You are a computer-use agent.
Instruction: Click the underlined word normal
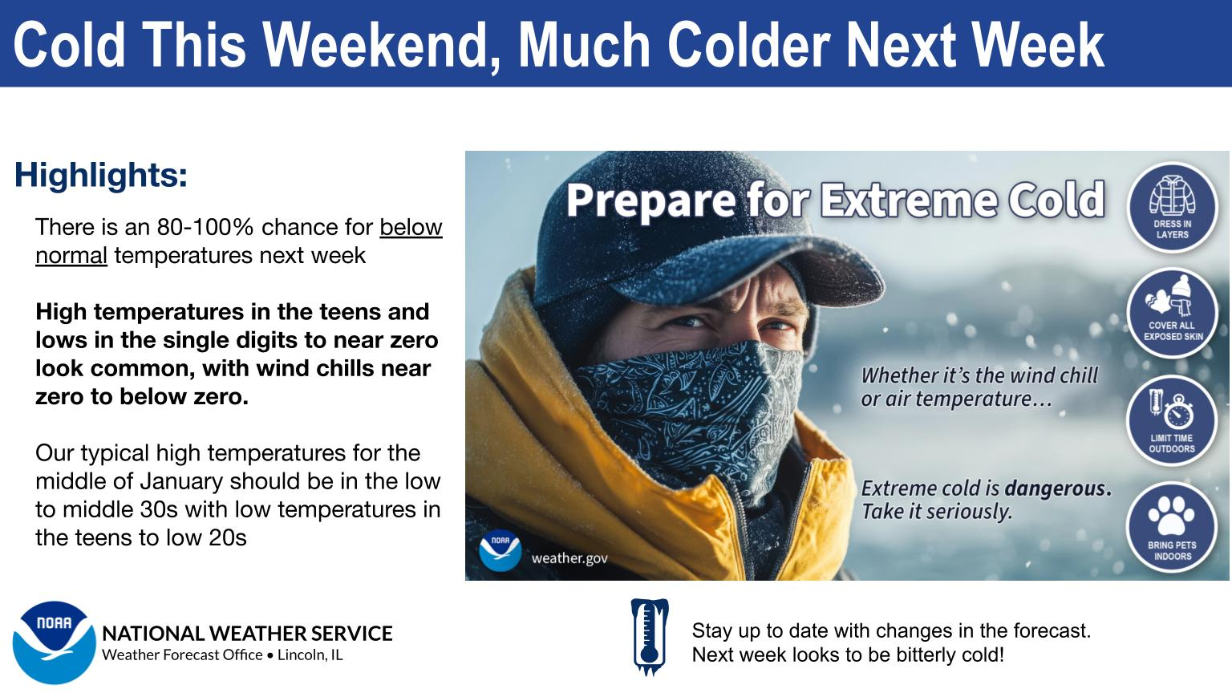pyautogui.click(x=71, y=256)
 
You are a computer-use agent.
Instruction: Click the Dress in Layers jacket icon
pyautogui.click(x=1172, y=196)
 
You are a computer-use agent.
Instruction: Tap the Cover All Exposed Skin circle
pyautogui.click(x=1172, y=313)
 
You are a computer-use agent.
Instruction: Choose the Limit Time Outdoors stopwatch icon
pyautogui.click(x=1178, y=411)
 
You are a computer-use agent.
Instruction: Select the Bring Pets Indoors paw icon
pyautogui.click(x=1172, y=515)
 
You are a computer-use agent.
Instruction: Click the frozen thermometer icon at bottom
pyautogui.click(x=650, y=637)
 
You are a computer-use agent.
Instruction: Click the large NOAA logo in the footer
pyautogui.click(x=54, y=642)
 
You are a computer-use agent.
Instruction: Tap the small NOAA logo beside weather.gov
pyautogui.click(x=500, y=550)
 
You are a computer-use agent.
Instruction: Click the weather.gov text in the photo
pyautogui.click(x=569, y=558)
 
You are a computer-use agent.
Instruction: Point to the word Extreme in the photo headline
pyautogui.click(x=908, y=200)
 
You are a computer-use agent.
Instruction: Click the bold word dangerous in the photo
pyautogui.click(x=1058, y=488)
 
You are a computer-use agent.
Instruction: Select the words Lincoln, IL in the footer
pyautogui.click(x=310, y=655)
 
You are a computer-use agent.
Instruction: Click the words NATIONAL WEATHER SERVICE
pyautogui.click(x=248, y=634)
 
